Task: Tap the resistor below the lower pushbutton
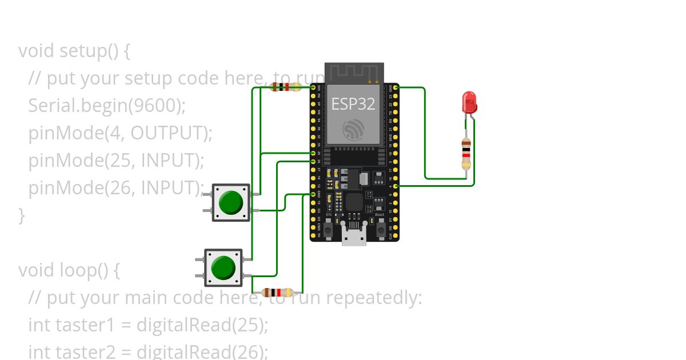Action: (x=278, y=293)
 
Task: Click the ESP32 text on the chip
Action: (x=353, y=104)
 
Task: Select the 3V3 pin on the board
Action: (x=313, y=87)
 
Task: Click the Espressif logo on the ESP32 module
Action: (x=354, y=129)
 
